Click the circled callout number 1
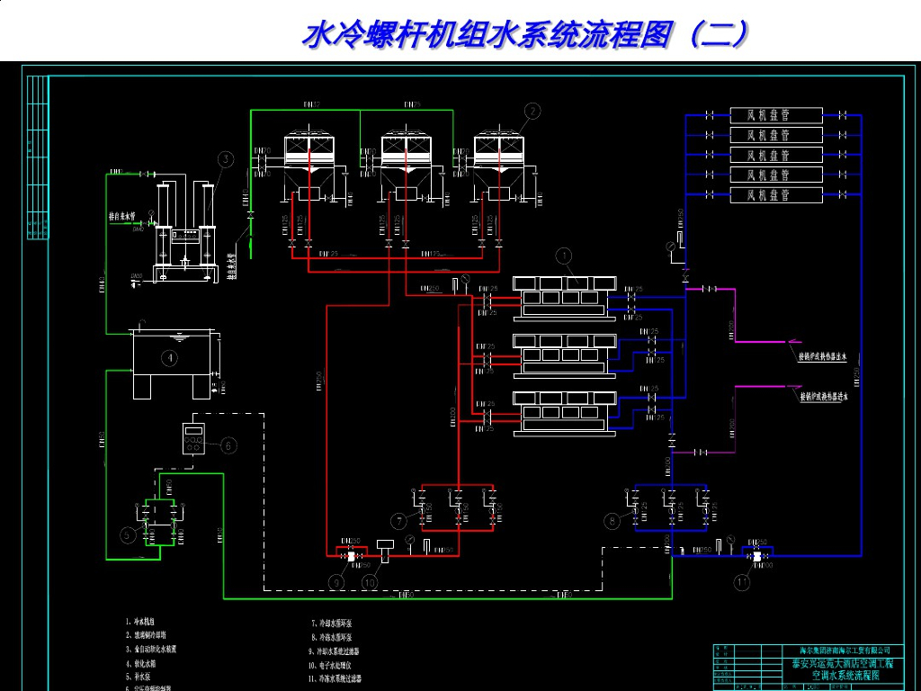click(564, 256)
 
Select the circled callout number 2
click(532, 112)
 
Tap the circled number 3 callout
click(226, 159)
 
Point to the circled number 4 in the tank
click(168, 357)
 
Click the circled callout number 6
click(228, 444)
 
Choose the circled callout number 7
click(398, 521)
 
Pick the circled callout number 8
click(612, 520)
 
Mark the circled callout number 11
click(741, 582)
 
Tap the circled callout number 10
click(370, 582)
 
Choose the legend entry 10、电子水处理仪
click(337, 665)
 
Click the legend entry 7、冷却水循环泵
click(334, 623)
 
